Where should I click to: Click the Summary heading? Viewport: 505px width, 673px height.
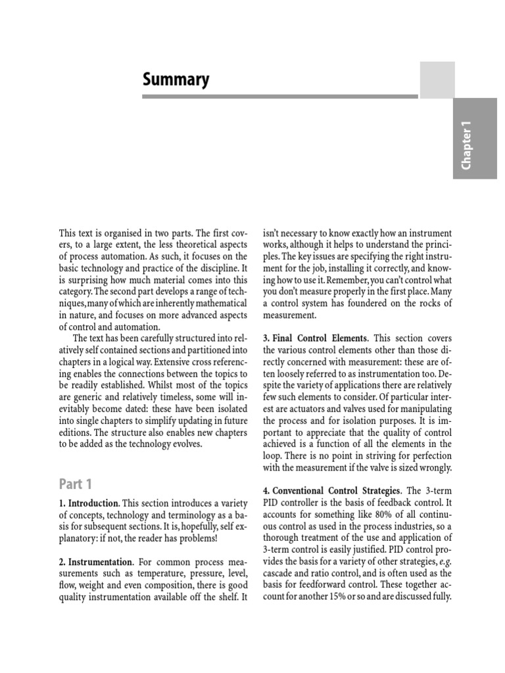pyautogui.click(x=176, y=80)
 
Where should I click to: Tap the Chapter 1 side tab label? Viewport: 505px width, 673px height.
pyautogui.click(x=468, y=149)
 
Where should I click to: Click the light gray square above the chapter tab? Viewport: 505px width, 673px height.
pyautogui.click(x=437, y=80)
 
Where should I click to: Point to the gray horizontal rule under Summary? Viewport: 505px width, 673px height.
pyautogui.click(x=279, y=97)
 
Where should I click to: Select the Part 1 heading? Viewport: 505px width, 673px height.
pyautogui.click(x=76, y=484)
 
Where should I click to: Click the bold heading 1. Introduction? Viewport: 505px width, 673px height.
pyautogui.click(x=90, y=503)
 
